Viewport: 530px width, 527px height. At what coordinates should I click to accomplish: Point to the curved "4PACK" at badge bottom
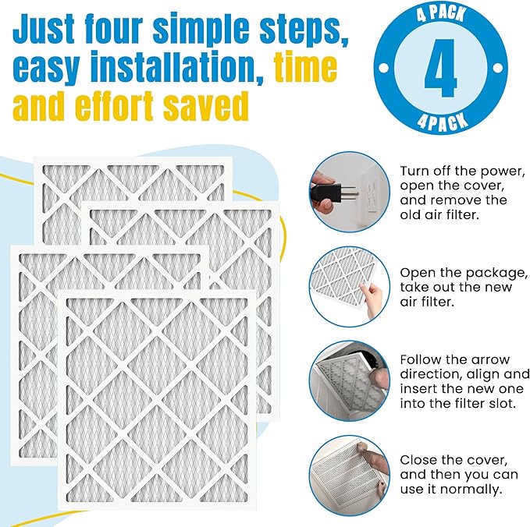coord(440,119)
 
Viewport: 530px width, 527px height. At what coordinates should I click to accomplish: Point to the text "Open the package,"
coord(464,273)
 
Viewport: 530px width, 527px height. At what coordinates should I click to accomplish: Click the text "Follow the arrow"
coord(454,359)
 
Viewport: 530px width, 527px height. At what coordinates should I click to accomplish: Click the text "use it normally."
coord(451,490)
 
